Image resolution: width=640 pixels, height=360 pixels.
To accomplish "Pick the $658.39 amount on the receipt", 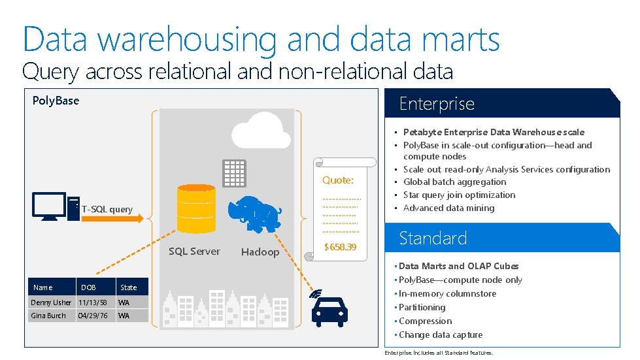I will point(341,247).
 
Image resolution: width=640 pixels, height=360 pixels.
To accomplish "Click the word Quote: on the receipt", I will point(338,180).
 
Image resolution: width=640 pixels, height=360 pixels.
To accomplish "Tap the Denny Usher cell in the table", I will point(51,303).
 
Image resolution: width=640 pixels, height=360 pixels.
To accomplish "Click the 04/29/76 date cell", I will point(93,316).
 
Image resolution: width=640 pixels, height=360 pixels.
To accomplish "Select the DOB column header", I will point(88,287).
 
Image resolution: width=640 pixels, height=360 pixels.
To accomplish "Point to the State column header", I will point(129,287).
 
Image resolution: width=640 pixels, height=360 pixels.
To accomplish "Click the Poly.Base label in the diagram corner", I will point(56,101).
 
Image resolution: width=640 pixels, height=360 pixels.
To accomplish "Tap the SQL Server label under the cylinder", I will point(194,252).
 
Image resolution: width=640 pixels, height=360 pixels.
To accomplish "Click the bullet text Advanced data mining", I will point(448,208).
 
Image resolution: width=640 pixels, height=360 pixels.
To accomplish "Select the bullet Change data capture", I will point(441,335).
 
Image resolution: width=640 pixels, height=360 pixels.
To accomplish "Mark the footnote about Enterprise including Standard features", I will point(439,353).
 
